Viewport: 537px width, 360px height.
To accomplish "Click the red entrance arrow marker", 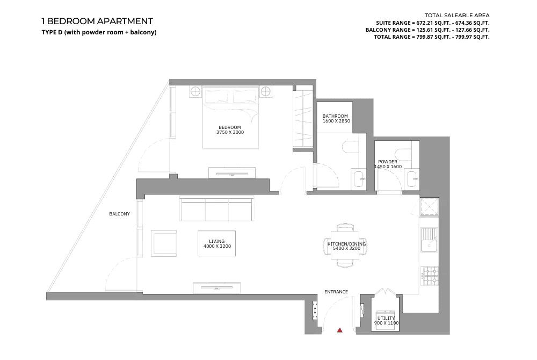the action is tap(340, 330).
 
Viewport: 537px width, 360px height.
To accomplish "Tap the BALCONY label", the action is tap(120, 214).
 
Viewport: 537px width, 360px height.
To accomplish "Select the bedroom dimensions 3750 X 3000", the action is tap(230, 132).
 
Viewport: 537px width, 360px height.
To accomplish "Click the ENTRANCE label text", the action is tap(336, 292).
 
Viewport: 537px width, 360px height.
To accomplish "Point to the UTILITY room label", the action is tap(386, 318).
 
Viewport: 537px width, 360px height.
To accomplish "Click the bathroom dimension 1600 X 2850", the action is tap(336, 121).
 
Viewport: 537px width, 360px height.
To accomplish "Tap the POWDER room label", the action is tap(388, 162).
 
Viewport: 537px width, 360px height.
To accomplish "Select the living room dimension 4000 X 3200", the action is tap(217, 246).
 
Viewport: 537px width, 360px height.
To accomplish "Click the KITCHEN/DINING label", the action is tap(346, 244).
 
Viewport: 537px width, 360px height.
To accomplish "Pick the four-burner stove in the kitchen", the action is tap(430, 276).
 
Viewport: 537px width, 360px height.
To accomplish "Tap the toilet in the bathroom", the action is tap(350, 147).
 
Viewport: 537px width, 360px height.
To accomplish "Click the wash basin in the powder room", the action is tap(413, 179).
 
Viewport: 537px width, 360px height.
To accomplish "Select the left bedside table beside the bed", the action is tap(195, 92).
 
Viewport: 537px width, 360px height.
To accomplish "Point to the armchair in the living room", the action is tap(164, 243).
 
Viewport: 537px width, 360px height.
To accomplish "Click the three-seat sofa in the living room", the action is tap(217, 208).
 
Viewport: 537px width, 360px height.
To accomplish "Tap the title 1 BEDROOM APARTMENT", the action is tap(97, 21).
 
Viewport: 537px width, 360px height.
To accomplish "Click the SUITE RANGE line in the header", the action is tap(432, 23).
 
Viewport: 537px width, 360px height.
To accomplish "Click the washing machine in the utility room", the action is tap(386, 320).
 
